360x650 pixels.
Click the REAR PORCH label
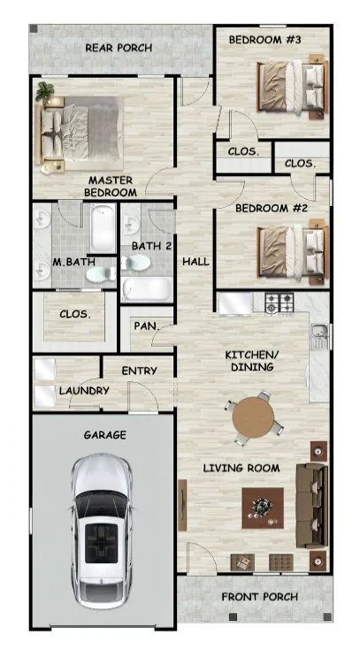[x=118, y=48]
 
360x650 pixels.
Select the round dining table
[x=254, y=419]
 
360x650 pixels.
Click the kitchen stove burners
[x=281, y=302]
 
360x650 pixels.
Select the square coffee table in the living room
[x=262, y=508]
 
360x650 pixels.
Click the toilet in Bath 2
[x=136, y=264]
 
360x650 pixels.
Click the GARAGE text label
[x=104, y=435]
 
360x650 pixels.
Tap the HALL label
[x=195, y=262]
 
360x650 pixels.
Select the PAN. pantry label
[x=145, y=325]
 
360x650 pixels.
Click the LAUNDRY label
[x=84, y=391]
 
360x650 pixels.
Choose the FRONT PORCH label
[x=259, y=597]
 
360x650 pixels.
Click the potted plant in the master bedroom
[x=45, y=90]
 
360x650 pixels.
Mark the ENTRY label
[x=140, y=371]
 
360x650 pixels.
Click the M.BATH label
[x=68, y=263]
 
